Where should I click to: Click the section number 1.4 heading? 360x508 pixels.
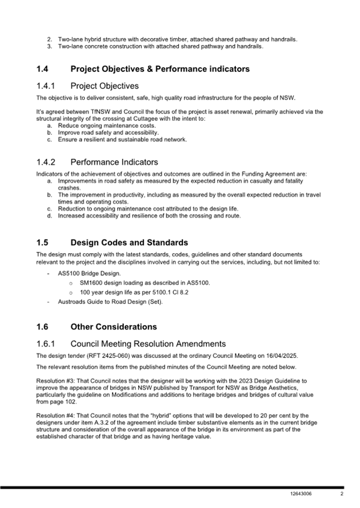[43, 69]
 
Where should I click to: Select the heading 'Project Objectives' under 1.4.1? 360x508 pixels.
[104, 86]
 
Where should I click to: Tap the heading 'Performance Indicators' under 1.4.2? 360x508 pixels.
[114, 162]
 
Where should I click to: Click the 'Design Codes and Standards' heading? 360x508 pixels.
[129, 243]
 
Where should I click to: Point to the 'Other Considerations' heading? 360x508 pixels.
[113, 327]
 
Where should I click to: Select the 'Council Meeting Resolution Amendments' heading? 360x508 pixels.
[148, 344]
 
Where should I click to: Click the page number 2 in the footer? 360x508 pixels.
[341, 494]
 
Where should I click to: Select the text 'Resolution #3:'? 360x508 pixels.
[55, 381]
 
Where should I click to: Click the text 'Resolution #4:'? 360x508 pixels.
[55, 415]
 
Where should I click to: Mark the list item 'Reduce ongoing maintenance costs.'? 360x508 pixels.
[107, 125]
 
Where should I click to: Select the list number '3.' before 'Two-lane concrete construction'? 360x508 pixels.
[49, 46]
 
